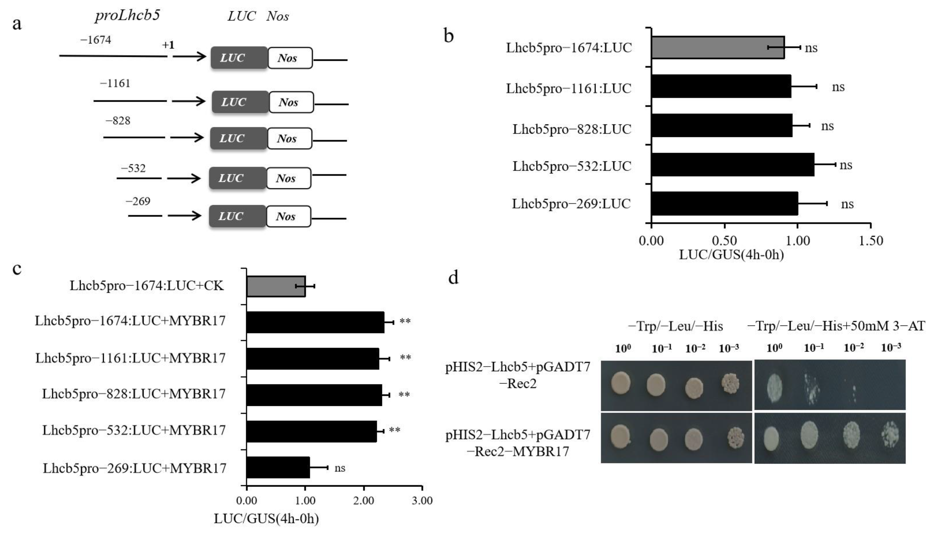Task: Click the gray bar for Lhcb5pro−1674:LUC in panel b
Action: (x=718, y=48)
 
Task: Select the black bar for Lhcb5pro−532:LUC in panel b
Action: (x=732, y=165)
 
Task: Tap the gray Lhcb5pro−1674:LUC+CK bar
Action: (x=276, y=286)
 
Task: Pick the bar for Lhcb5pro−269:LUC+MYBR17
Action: (x=278, y=467)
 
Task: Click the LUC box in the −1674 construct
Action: (x=239, y=58)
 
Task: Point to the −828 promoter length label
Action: (x=118, y=121)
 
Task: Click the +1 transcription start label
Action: (x=168, y=45)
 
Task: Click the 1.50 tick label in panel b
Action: (x=870, y=241)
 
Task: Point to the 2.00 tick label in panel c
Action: (x=364, y=501)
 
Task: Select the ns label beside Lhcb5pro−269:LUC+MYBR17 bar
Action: (x=340, y=468)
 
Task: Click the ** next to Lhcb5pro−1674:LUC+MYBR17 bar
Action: (x=405, y=321)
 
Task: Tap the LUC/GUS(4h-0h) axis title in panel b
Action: (x=731, y=255)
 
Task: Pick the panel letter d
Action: (x=453, y=278)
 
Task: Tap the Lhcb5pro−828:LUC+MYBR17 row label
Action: (x=134, y=394)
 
